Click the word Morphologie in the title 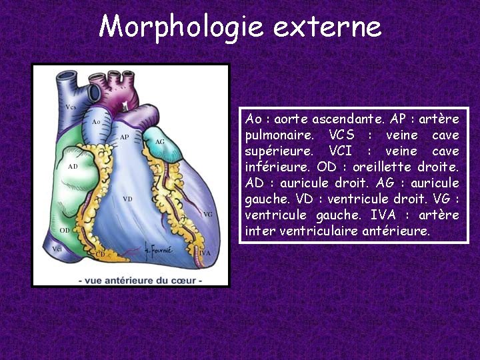[x=181, y=27]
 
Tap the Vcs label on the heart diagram [x=71, y=107]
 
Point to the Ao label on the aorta [x=96, y=122]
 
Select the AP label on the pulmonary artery [x=124, y=137]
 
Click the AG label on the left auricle [x=160, y=142]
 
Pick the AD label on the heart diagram [x=73, y=167]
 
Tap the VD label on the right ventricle [x=127, y=199]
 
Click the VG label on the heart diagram [x=208, y=215]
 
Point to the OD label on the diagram [x=65, y=231]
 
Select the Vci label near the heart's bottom [x=57, y=249]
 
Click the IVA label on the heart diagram [x=205, y=253]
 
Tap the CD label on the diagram [x=100, y=254]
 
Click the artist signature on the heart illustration [x=159, y=251]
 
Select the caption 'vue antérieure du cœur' [x=140, y=281]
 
